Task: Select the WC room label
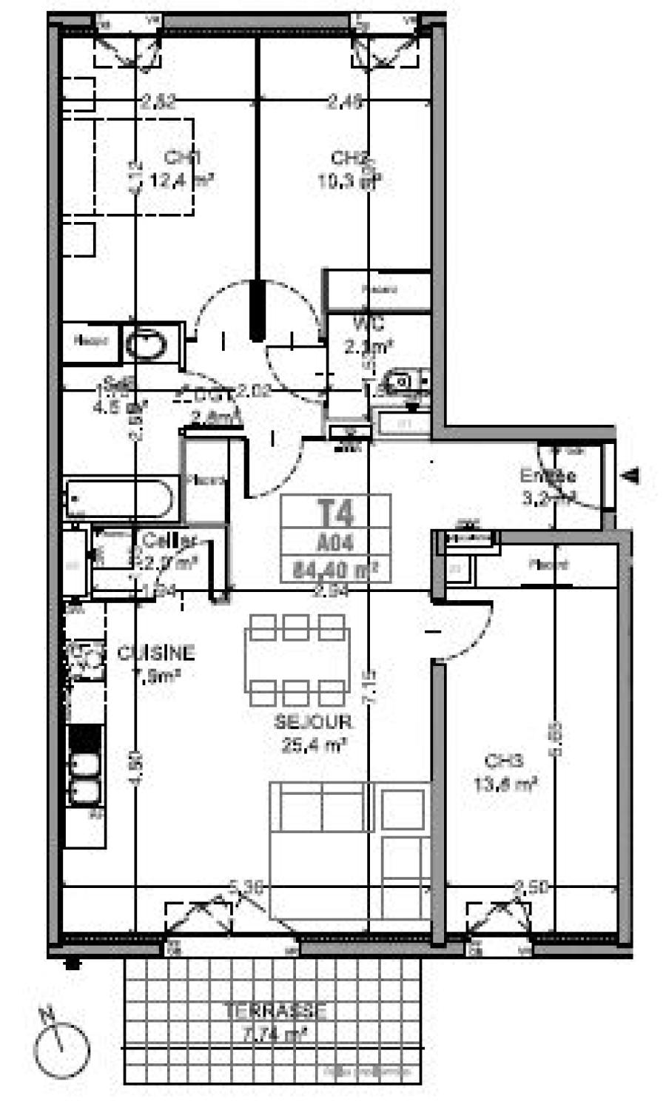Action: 368,323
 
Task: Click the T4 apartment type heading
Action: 335,511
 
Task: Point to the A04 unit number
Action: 335,543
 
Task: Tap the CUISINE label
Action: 156,653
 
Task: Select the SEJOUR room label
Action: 313,721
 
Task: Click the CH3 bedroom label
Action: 504,760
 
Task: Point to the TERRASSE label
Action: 275,1011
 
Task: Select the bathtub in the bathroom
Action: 121,498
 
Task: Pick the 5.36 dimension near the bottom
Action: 246,887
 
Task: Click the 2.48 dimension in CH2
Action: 346,103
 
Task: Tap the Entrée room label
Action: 548,476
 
